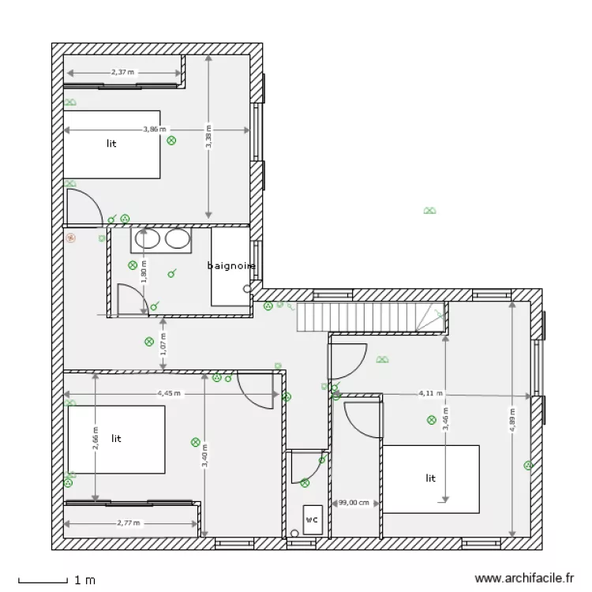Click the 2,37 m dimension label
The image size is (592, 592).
[x=122, y=72]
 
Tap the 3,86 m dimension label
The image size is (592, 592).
[x=155, y=129]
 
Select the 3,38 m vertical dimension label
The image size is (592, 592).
[x=208, y=136]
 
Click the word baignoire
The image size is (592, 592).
[x=231, y=266]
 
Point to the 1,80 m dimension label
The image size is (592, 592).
[x=144, y=273]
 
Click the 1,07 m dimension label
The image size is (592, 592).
[x=163, y=343]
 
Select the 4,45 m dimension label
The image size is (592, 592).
[x=168, y=392]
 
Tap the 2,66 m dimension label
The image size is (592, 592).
[x=96, y=437]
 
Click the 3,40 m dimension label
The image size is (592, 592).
[x=204, y=455]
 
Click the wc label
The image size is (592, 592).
[x=312, y=519]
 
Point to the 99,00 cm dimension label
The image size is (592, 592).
[x=354, y=502]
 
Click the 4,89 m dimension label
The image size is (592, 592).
[x=512, y=420]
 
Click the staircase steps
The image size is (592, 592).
[x=356, y=319]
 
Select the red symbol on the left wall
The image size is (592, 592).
[x=71, y=236]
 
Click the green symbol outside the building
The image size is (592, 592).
[x=430, y=211]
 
